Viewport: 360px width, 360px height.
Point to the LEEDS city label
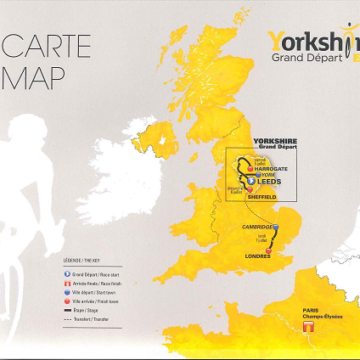(271, 183)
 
